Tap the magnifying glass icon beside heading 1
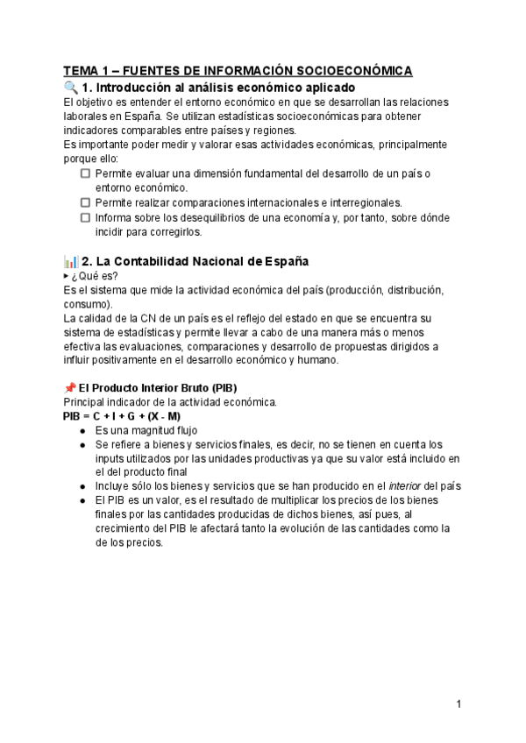click(x=71, y=88)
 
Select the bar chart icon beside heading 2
click(x=71, y=261)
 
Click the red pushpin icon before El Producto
click(x=69, y=387)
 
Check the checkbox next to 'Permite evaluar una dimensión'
click(x=85, y=173)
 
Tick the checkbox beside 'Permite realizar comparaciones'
click(x=85, y=202)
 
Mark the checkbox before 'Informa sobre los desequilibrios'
click(x=85, y=217)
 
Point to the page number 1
click(x=458, y=704)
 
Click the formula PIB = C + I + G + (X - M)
click(x=122, y=416)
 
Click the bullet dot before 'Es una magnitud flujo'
click(x=82, y=431)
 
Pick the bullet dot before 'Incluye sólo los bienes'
click(x=82, y=486)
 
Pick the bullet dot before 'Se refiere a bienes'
click(x=82, y=445)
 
